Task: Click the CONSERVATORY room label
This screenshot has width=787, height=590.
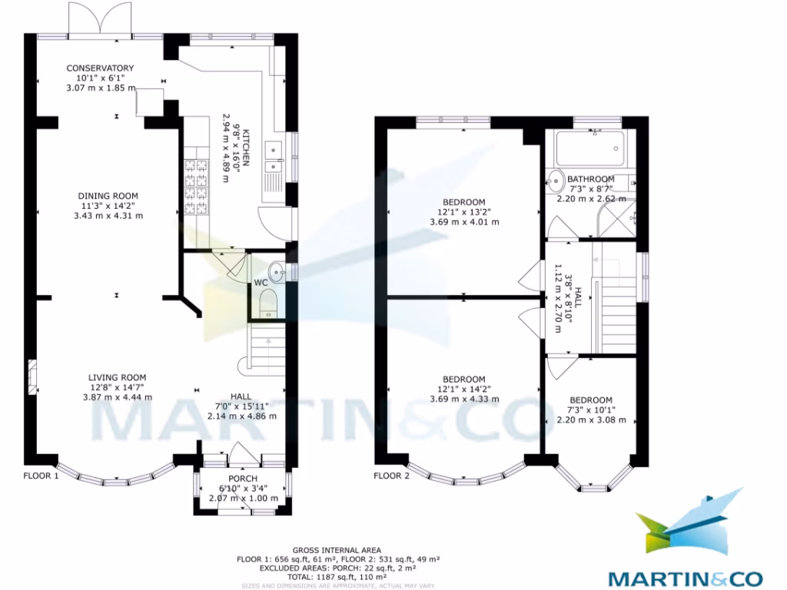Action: click(x=100, y=68)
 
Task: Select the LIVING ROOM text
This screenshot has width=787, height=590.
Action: click(x=117, y=377)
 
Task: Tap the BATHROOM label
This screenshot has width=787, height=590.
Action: click(x=591, y=179)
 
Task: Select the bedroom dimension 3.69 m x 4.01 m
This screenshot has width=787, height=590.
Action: click(x=464, y=222)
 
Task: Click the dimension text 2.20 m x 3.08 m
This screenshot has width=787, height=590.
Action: click(x=591, y=420)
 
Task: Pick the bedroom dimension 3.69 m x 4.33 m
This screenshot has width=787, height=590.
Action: click(x=464, y=399)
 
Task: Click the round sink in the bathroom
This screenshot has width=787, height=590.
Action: click(x=556, y=182)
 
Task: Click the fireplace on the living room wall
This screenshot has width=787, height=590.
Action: click(x=32, y=376)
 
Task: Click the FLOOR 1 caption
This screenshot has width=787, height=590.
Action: click(x=41, y=476)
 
